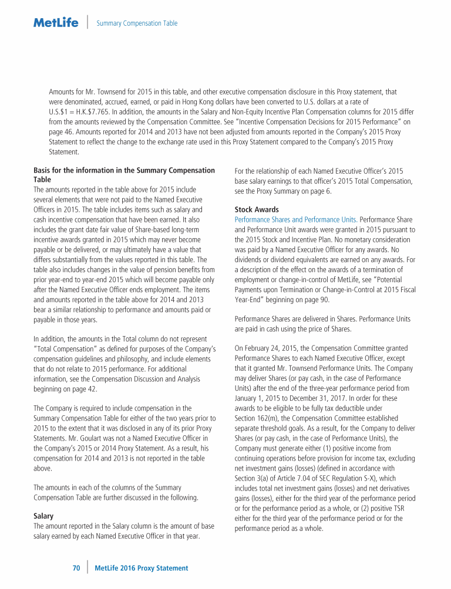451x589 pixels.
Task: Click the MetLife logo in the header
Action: coord(55,23)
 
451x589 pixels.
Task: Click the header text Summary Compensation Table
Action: coord(137,23)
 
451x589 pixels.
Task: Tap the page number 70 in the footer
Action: coord(76,568)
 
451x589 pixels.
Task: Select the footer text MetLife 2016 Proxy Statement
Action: coord(141,568)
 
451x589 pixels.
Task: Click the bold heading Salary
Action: coord(44,516)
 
